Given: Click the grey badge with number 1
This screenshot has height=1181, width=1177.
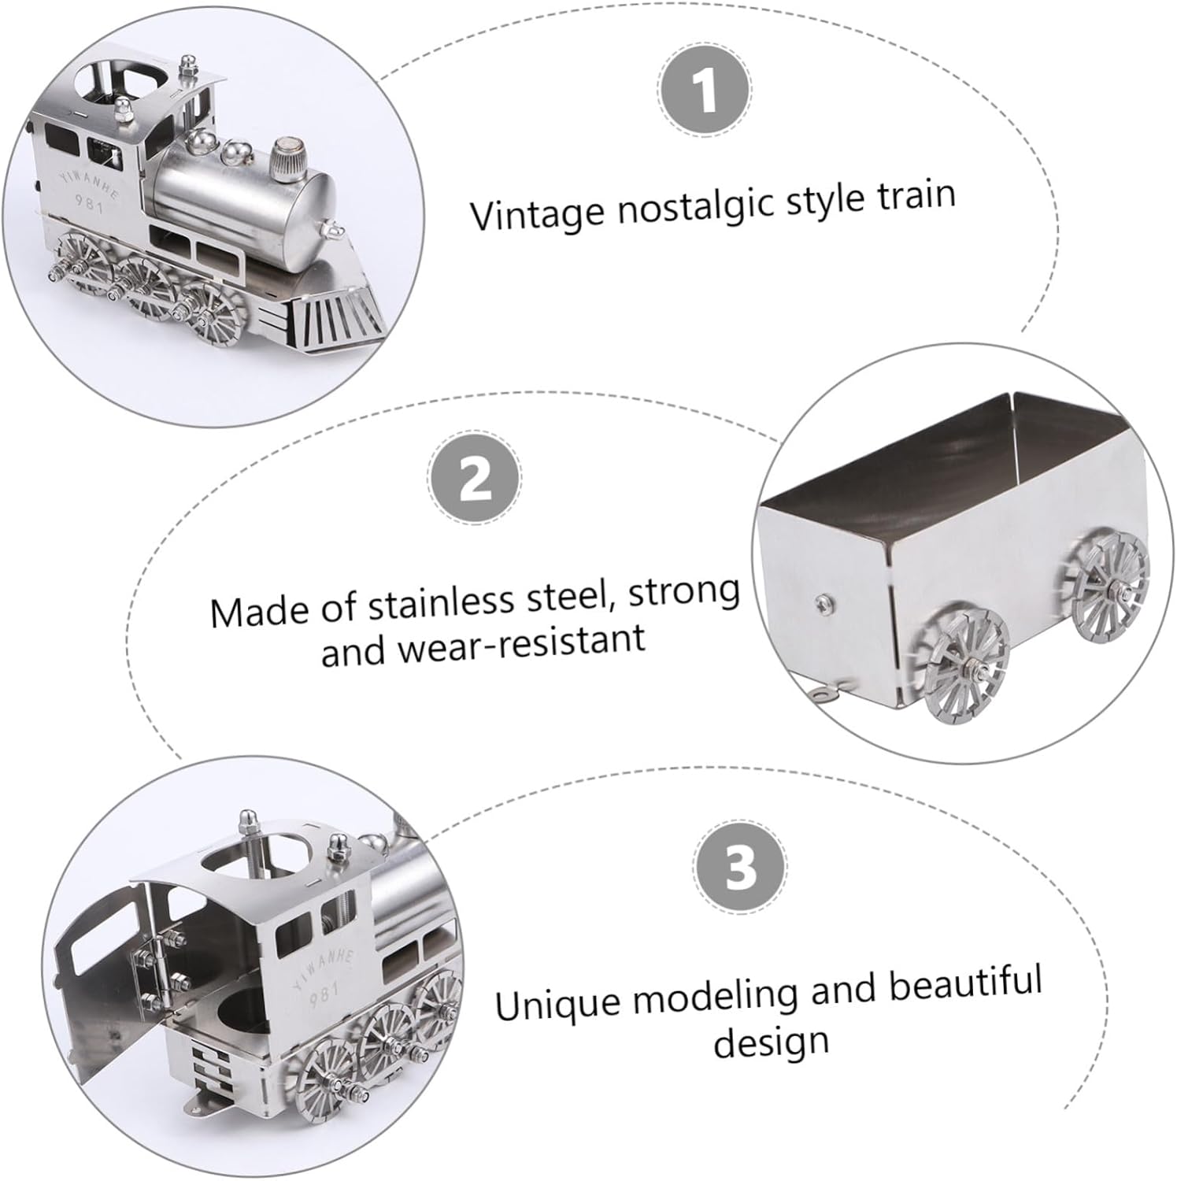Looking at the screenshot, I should pyautogui.click(x=705, y=88).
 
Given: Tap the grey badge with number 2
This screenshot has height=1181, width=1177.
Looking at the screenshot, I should pyautogui.click(x=474, y=477).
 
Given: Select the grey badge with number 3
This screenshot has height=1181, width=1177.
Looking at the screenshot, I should pyautogui.click(x=740, y=867).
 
